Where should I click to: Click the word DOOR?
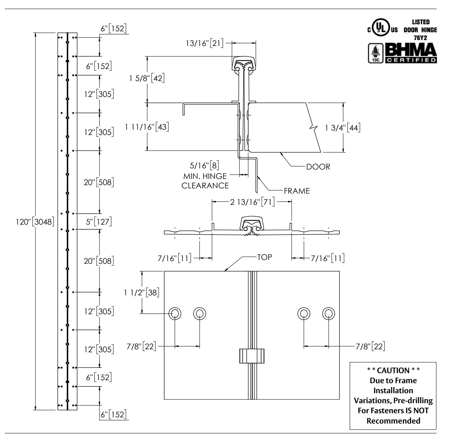318,167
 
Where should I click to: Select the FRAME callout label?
297,191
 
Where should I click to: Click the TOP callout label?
264,257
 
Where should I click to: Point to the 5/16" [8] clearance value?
205,165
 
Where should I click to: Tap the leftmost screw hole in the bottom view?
175,313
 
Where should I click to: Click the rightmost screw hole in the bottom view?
328,313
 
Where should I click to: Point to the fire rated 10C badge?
374,53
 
